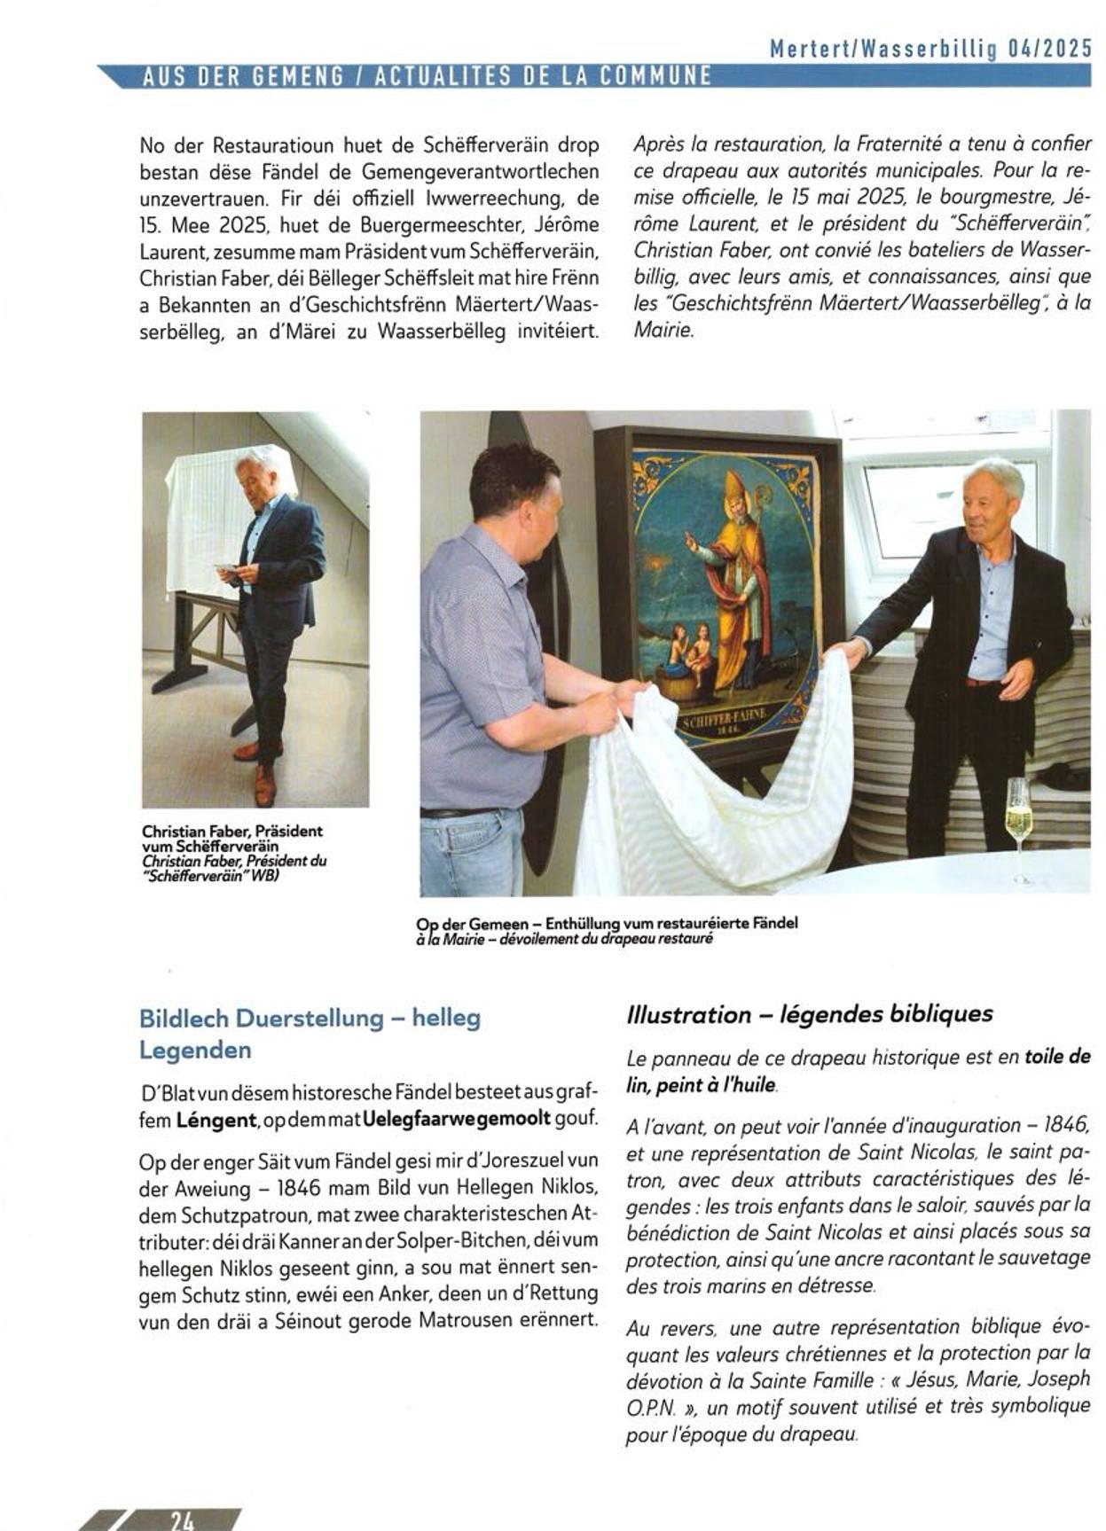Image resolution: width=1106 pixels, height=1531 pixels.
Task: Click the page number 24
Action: [x=183, y=1519]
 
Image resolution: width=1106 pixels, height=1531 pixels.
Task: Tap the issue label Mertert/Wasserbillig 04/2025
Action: [x=930, y=49]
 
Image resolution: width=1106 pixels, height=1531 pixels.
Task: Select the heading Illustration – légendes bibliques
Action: [x=809, y=1014]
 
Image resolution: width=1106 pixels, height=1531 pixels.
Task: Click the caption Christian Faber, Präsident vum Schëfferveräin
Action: [x=232, y=839]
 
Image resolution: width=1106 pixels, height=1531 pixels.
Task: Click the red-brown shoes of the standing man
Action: [x=261, y=769]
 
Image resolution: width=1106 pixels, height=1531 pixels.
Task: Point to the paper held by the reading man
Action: [x=225, y=566]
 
